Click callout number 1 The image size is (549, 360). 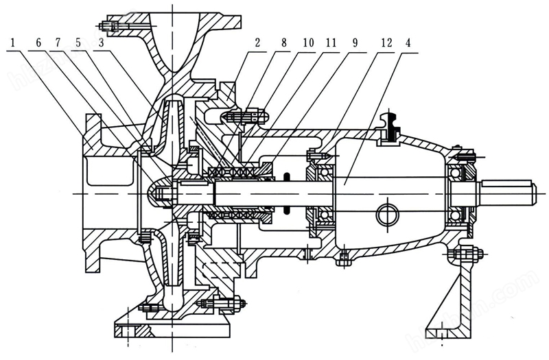12,43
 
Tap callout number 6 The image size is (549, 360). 38,43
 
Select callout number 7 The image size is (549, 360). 58,43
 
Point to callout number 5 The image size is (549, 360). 78,43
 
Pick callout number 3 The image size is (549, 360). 101,43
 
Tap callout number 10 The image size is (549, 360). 308,43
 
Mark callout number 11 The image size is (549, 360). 332,43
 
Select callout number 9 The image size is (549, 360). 355,43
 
